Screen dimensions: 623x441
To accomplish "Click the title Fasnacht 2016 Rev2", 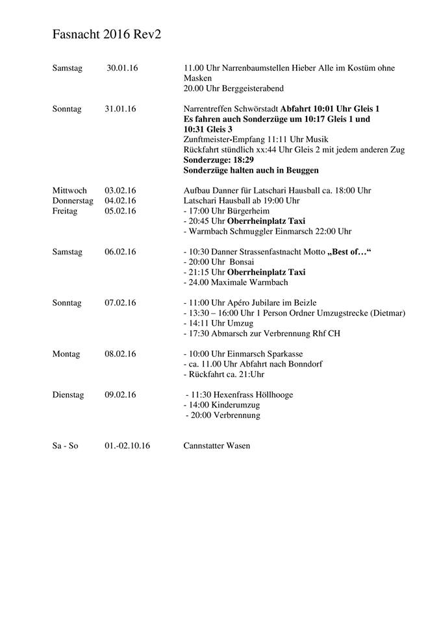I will coord(107,36).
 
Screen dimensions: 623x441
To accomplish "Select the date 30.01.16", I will coord(123,68).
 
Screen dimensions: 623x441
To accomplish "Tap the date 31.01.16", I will coord(120,109).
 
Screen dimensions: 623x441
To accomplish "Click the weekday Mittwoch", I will coord(69,190).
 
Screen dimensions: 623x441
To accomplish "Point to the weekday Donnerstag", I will coord(73,201).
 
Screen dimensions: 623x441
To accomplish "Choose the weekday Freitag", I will coord(66,211).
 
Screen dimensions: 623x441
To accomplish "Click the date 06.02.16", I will coord(120,252).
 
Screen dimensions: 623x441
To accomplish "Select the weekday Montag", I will coord(66,354).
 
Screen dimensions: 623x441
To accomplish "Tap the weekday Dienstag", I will coord(68,395).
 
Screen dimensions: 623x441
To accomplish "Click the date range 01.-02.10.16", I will coord(127,446).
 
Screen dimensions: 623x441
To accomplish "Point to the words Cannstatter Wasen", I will coord(217,446).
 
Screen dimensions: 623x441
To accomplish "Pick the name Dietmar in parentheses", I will coord(387,313).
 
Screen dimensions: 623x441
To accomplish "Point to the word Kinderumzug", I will coord(236,405).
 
